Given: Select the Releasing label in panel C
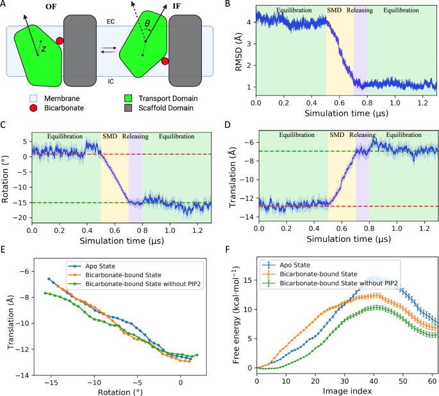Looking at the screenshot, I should (x=135, y=136).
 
